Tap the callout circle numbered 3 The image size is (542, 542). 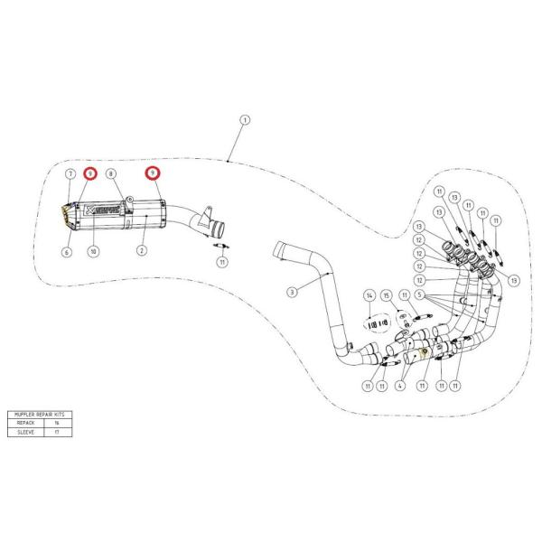click(x=292, y=292)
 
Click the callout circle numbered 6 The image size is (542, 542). click(x=66, y=253)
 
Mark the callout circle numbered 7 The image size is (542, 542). click(x=69, y=172)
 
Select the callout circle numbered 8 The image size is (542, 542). click(x=111, y=172)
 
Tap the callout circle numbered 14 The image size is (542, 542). click(x=369, y=295)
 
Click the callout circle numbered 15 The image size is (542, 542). click(x=387, y=295)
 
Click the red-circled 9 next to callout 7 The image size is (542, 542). click(x=89, y=172)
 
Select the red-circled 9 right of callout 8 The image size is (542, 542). click(x=153, y=172)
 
